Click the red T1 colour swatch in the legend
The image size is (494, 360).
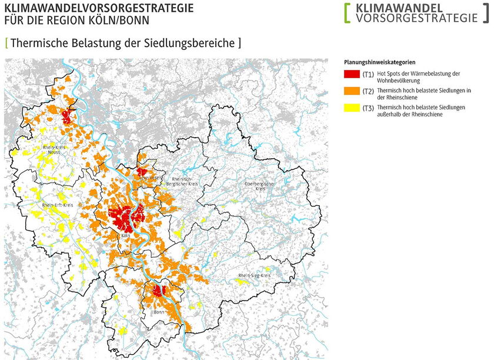click(352, 74)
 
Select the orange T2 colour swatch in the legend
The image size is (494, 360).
click(352, 91)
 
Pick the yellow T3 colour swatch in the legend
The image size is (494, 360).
click(352, 108)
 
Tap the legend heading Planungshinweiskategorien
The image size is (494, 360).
click(380, 62)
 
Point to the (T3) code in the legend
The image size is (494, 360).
click(368, 108)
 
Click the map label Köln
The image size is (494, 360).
click(125, 236)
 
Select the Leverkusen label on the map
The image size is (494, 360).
click(151, 176)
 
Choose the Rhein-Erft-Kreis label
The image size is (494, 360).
click(57, 205)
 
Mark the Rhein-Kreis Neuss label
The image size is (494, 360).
click(54, 149)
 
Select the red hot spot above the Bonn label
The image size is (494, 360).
click(158, 291)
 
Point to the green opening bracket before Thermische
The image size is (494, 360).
click(6, 43)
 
